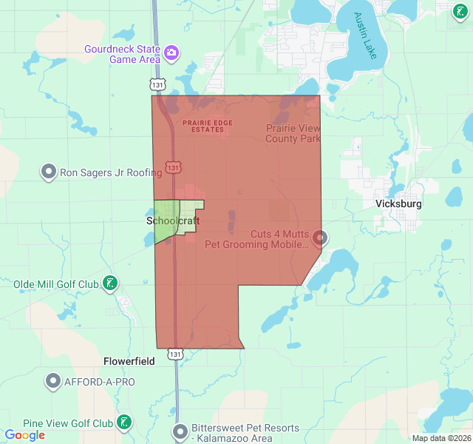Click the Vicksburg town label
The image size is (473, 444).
point(398,203)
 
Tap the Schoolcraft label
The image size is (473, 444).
point(173,221)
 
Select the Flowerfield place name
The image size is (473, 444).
point(129,362)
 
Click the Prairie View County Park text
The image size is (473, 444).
point(293,133)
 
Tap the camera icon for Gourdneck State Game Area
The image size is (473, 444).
point(171,53)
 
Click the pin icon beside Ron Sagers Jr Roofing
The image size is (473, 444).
point(49,172)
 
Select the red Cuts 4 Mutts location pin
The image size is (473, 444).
point(320,238)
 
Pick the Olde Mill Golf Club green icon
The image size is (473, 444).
point(109,283)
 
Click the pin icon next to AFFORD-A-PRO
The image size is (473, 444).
point(53,382)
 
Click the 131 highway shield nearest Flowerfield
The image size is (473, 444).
point(174,354)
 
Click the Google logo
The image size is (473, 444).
point(25,435)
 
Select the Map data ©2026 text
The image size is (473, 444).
point(440,438)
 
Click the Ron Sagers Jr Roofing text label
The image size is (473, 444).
point(111,173)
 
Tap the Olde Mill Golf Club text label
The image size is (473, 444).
point(55,284)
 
